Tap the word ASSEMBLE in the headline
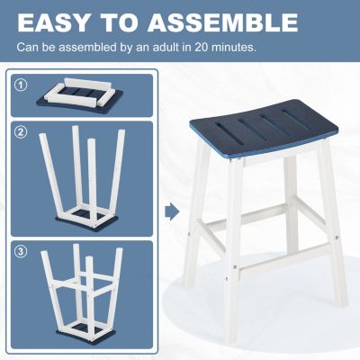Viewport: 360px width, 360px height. point(222,22)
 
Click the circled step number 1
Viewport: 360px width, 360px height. point(21,85)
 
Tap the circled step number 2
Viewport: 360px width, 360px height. point(21,132)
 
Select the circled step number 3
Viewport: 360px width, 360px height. point(21,251)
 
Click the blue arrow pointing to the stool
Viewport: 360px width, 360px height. point(173,211)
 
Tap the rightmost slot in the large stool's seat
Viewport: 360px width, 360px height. point(296,120)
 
